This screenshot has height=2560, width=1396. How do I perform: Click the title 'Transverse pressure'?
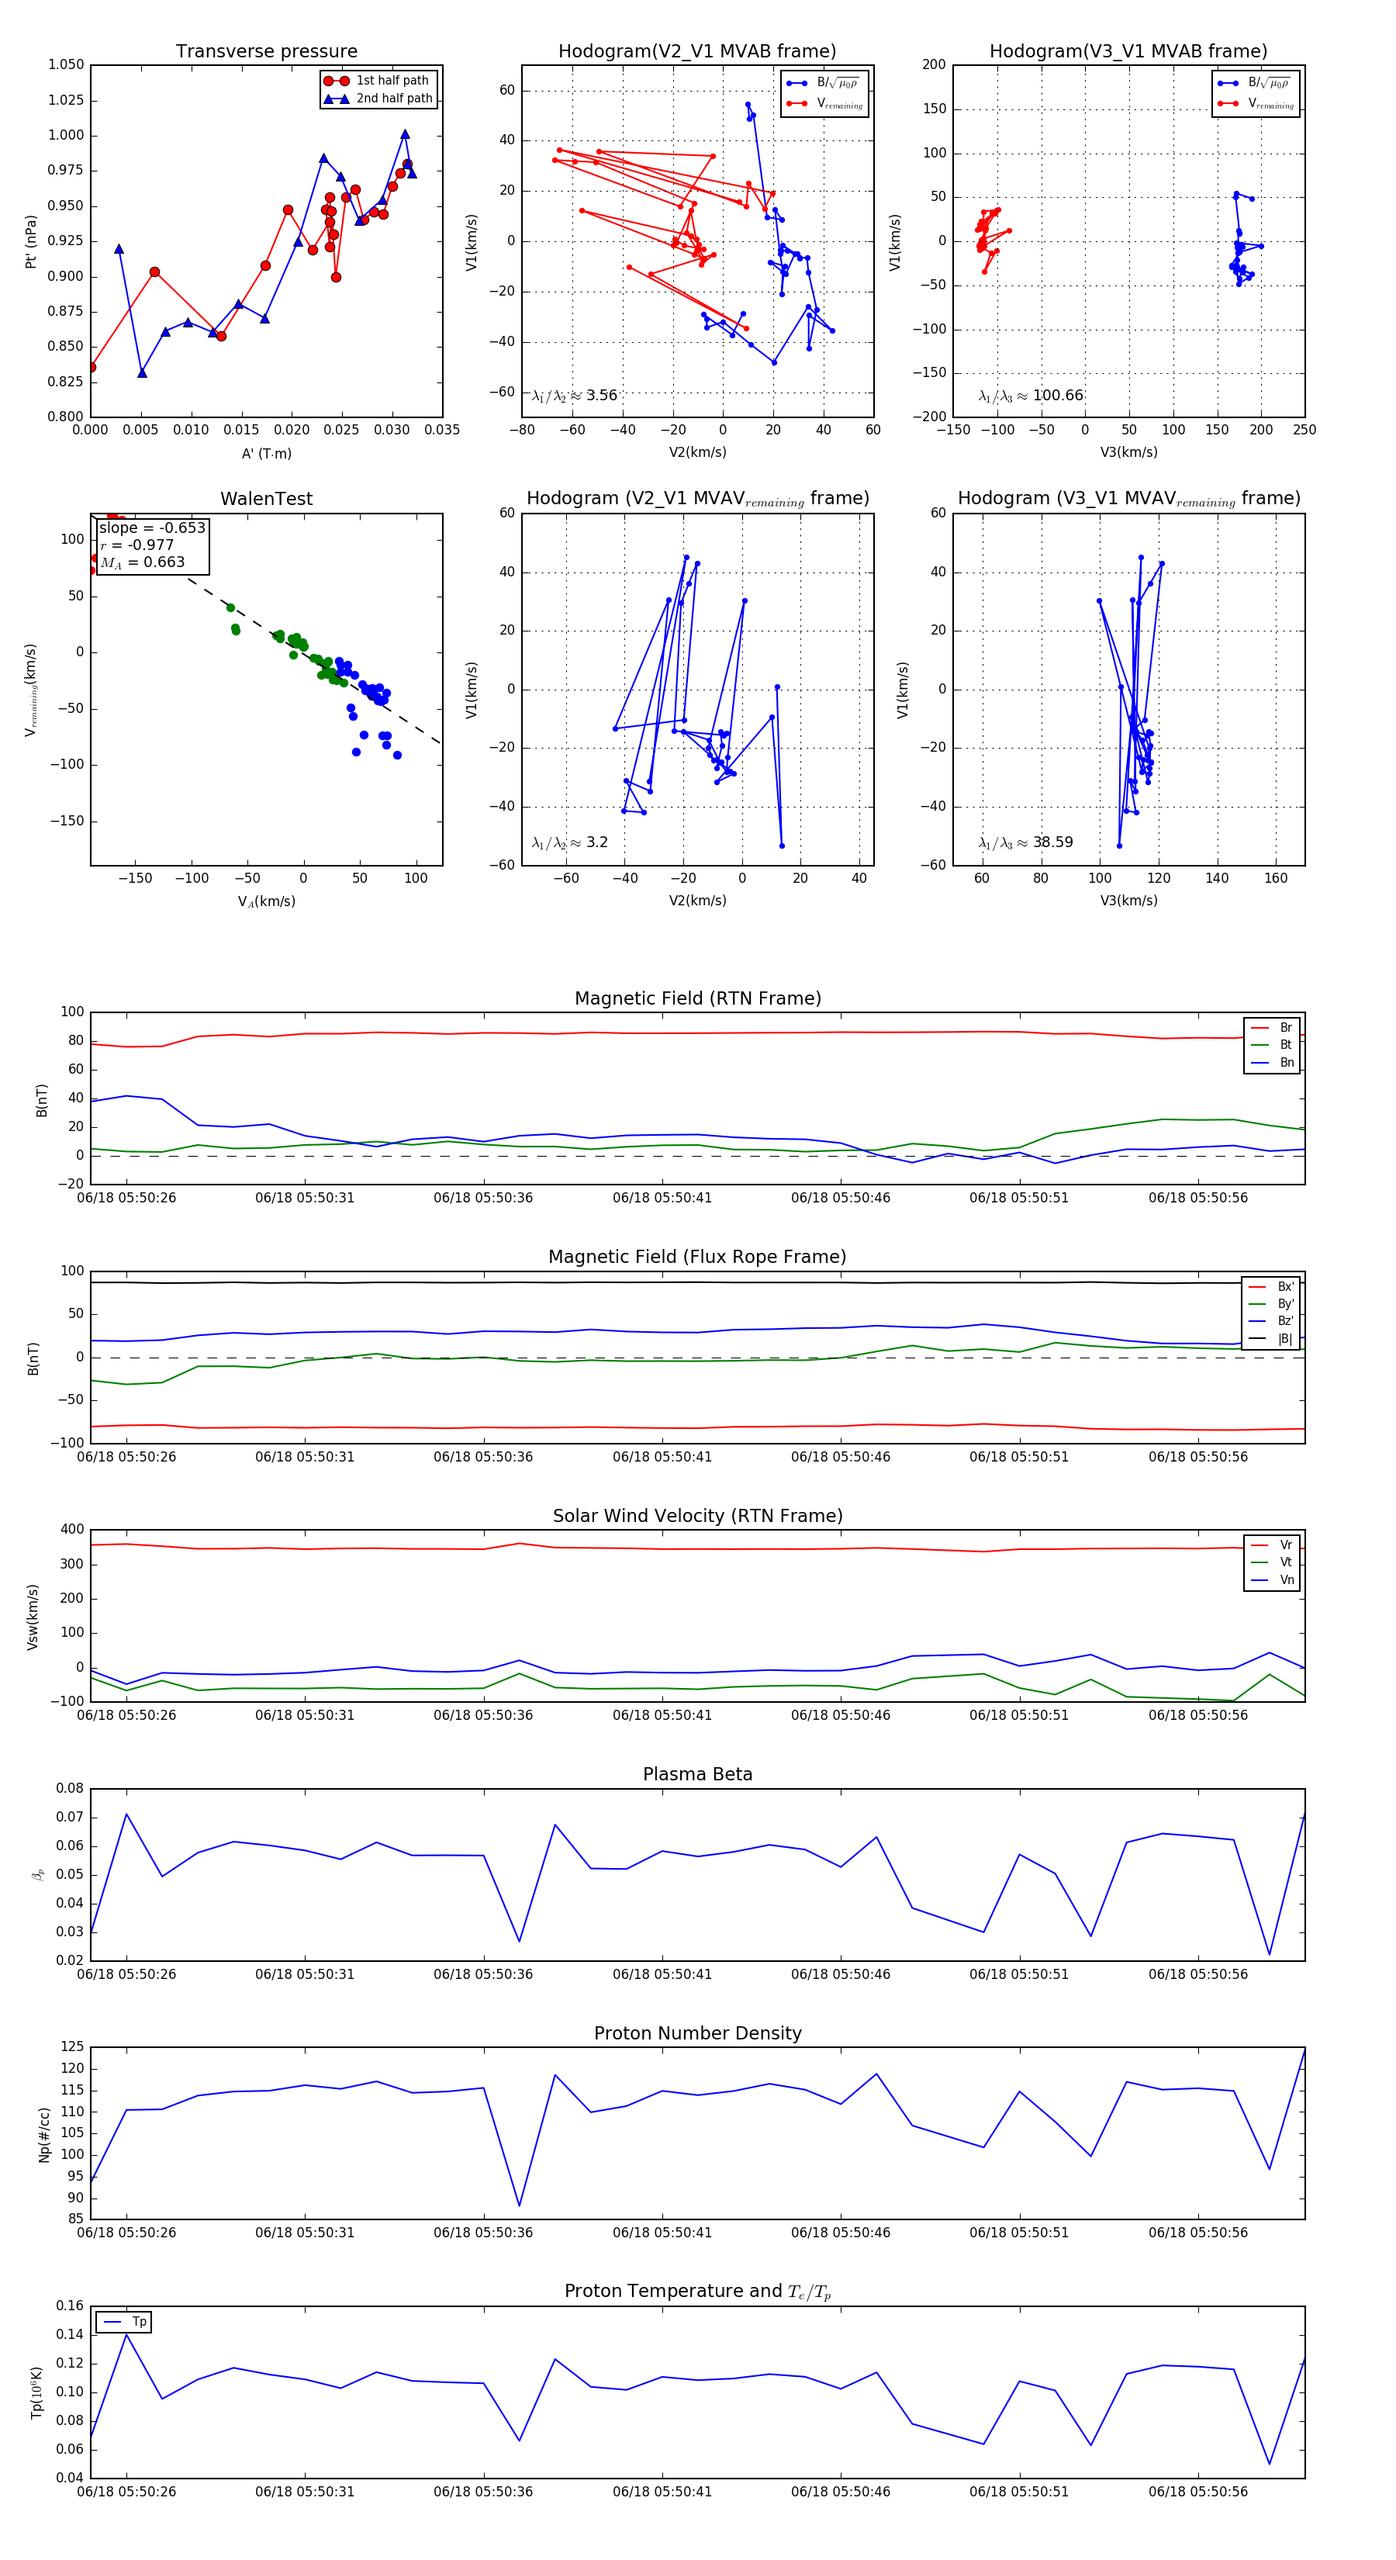pyautogui.click(x=266, y=52)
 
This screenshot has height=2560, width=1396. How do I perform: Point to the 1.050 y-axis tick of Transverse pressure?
pyautogui.click(x=67, y=64)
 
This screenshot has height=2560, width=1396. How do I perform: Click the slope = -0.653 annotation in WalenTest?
pyautogui.click(x=152, y=528)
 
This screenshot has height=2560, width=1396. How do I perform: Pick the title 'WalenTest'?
pyautogui.click(x=266, y=499)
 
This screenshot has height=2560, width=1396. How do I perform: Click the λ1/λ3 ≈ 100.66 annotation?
pyautogui.click(x=1031, y=396)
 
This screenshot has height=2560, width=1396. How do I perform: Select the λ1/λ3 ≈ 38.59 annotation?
pyautogui.click(x=1025, y=842)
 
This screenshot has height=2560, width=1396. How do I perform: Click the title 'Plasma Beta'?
pyautogui.click(x=697, y=1774)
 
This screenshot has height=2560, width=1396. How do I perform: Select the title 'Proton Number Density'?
pyautogui.click(x=697, y=2033)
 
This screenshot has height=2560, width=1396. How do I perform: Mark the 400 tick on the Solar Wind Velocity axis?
pyautogui.click(x=71, y=1530)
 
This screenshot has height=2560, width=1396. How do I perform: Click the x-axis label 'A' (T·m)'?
pyautogui.click(x=266, y=453)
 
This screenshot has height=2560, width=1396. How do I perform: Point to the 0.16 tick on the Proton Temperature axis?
pyautogui.click(x=70, y=2306)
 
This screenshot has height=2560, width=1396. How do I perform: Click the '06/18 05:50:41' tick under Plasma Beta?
pyautogui.click(x=662, y=1974)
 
